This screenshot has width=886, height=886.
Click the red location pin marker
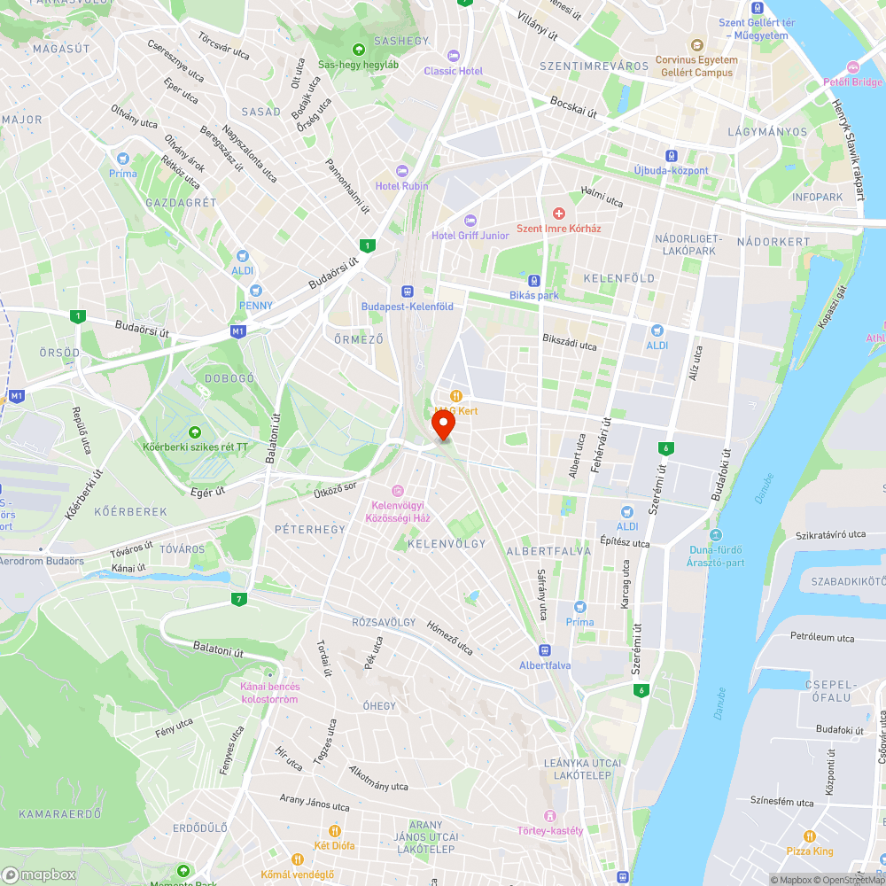tap(441, 425)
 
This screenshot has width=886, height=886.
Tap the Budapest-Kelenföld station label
tap(408, 307)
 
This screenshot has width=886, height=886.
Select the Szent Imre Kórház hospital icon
tap(559, 214)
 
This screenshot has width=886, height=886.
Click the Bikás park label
tap(534, 295)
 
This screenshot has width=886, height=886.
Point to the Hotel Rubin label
tap(401, 186)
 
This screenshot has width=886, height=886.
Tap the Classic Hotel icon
tap(454, 56)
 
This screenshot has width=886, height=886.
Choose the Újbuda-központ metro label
tap(671, 170)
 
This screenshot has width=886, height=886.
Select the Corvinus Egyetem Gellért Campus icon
tap(696, 45)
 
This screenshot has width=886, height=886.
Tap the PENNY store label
tap(255, 306)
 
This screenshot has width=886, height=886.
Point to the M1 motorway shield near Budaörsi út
tap(237, 331)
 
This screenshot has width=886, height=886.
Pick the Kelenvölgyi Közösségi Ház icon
tap(398, 490)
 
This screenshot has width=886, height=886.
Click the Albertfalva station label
tap(545, 665)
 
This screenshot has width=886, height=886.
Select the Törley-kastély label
tap(550, 830)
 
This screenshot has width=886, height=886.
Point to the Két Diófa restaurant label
tap(334, 845)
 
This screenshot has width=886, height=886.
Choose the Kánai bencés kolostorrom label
tap(270, 693)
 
